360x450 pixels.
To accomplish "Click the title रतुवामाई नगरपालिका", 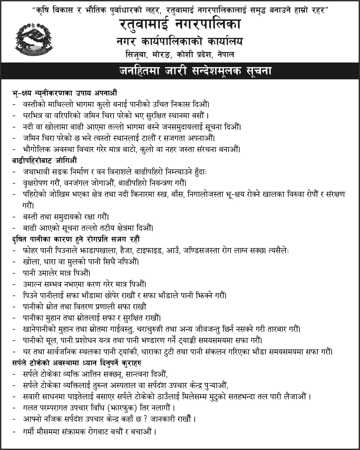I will [180, 25].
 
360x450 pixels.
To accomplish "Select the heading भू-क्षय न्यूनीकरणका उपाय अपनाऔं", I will [64, 93].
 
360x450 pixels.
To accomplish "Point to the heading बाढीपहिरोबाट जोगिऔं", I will [44, 161].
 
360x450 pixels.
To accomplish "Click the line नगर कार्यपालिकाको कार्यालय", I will [180, 42].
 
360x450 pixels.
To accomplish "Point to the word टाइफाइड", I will [149, 250].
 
